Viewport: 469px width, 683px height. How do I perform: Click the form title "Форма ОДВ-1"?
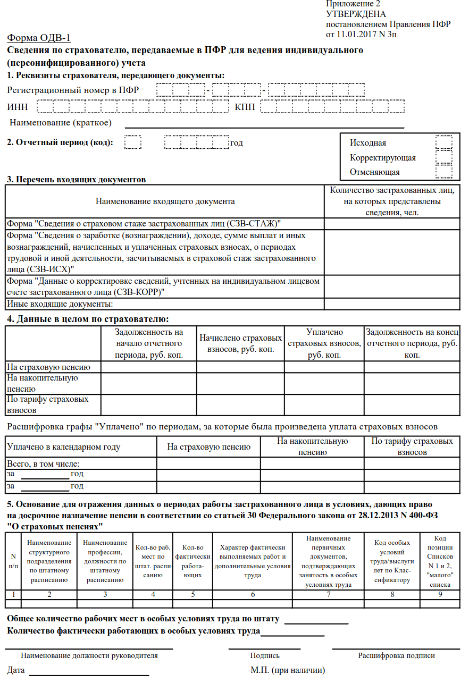(x=38, y=38)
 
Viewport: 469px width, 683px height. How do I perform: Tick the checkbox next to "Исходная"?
(x=443, y=142)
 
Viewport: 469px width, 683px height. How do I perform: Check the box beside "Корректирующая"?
(x=443, y=157)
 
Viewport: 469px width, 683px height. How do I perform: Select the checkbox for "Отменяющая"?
(x=443, y=172)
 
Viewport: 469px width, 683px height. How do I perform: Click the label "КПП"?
(x=245, y=107)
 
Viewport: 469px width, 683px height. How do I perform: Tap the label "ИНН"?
(x=18, y=107)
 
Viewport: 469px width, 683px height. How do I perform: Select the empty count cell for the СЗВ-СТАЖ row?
(x=391, y=224)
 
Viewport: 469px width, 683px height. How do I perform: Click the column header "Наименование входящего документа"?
(x=165, y=201)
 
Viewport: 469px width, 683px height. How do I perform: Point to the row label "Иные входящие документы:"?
(x=60, y=304)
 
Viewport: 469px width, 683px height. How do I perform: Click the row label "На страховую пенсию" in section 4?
(x=48, y=367)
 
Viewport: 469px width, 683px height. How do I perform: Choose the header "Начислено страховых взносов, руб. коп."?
(x=240, y=343)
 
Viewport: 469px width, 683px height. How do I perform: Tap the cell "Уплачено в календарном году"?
(x=63, y=447)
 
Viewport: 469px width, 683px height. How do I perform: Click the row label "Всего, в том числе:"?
(x=43, y=463)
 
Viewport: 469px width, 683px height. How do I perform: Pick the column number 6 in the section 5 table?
(x=253, y=594)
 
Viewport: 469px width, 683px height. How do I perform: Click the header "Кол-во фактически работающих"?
(x=192, y=561)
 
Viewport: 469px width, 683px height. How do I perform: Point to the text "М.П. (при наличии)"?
(x=288, y=670)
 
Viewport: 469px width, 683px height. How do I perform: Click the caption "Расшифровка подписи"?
(x=396, y=655)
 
